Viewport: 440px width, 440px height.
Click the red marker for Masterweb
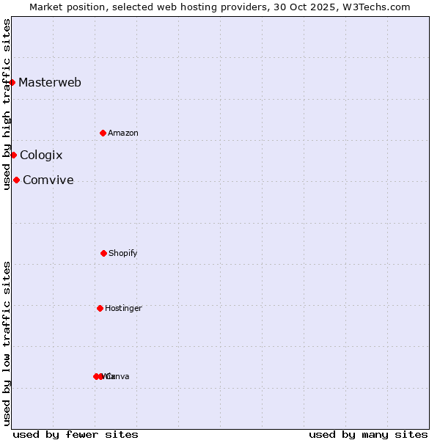[x=12, y=82]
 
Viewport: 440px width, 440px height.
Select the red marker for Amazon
[x=103, y=133]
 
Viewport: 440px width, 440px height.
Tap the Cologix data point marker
[x=13, y=155]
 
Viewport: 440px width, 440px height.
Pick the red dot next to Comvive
[x=16, y=180]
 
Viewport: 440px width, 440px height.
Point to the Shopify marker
[x=103, y=253]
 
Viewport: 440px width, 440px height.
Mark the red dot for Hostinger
[x=100, y=308]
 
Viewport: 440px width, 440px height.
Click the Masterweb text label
[x=50, y=82]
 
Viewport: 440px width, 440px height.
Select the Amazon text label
[x=123, y=133]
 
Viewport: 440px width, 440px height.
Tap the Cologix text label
[x=41, y=155]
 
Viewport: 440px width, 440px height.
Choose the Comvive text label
[x=48, y=180]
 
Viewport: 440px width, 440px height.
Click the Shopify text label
[x=123, y=253]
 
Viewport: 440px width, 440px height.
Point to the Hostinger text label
[x=123, y=308]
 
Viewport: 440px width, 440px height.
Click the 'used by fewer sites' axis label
[x=76, y=434]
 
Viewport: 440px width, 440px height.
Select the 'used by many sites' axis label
[x=368, y=434]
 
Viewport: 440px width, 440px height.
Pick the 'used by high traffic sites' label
[x=7, y=104]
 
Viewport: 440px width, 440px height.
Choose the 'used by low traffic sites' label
[x=7, y=342]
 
